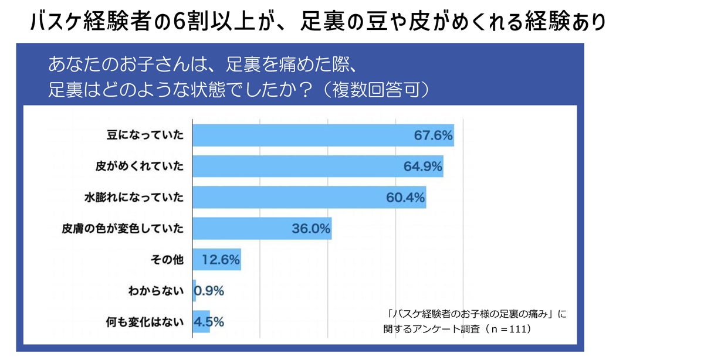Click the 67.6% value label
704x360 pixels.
coord(433,136)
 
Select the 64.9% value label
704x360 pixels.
coord(422,167)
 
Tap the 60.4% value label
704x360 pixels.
coord(405,198)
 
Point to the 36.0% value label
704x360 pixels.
coord(311,229)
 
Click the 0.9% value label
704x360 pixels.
coord(210,290)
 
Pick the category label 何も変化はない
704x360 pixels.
coord(147,321)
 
